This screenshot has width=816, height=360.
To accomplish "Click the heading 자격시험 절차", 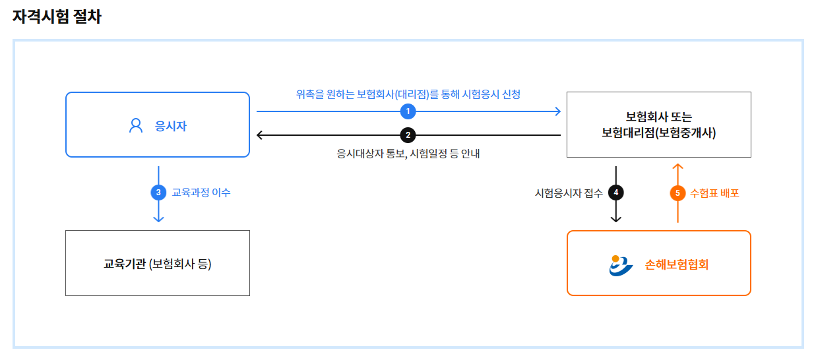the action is pos(57,16).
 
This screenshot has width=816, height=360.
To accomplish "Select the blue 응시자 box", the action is pos(158,125).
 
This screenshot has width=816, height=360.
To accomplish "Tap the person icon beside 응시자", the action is pos(136,125).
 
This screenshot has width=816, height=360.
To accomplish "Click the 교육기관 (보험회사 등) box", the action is pos(158,263).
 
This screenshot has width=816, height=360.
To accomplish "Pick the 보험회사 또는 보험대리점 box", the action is pos(658,125).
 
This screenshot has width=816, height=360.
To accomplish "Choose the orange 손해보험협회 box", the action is pos(658,263).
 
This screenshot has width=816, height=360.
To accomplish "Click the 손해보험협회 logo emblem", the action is pos(621,265).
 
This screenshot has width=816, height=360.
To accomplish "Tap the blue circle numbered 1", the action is pos(408,111).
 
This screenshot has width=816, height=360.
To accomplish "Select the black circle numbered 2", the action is pos(408,135).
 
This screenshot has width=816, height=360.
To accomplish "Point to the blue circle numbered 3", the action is pos(158,193).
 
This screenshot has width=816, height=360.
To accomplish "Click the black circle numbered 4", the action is pos(615,193).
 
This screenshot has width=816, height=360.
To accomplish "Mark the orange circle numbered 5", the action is pos(677,193).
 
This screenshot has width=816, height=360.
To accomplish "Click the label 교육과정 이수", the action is pos(201,193).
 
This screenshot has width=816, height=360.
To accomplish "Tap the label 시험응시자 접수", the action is pos(569,193).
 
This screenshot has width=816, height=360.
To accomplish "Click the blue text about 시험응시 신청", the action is pos(408,94).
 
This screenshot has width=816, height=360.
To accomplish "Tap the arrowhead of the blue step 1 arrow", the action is pos(557,111).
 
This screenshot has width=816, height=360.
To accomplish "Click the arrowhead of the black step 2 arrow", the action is pos(260,135).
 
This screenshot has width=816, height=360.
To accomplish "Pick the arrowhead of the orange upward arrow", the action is pos(677,166).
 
